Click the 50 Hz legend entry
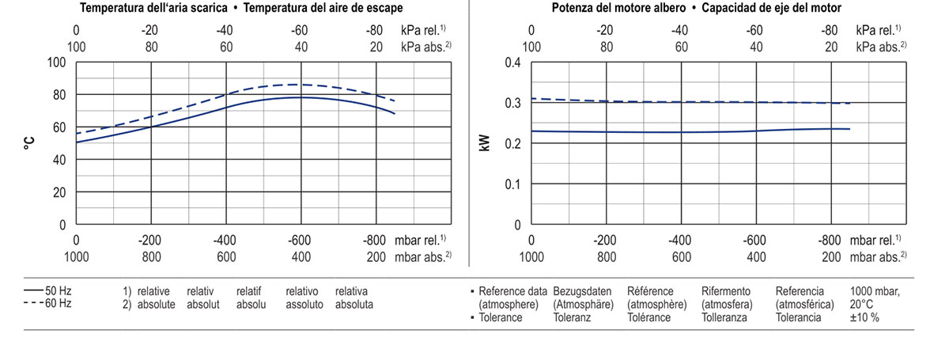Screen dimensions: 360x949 (x=49, y=290)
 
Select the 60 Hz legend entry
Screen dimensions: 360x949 (x=49, y=303)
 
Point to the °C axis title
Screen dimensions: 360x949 (x=29, y=143)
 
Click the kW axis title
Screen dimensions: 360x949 (x=485, y=143)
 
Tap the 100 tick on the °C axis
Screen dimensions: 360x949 (x=57, y=63)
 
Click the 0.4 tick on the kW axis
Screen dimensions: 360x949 (x=512, y=63)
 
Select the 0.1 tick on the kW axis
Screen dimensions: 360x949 (x=512, y=184)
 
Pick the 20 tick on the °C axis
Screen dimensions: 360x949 (x=60, y=192)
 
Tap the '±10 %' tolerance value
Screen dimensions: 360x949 (x=864, y=317)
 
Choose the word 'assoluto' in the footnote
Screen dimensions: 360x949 (x=304, y=304)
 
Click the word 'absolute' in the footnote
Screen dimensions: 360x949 (x=156, y=304)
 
